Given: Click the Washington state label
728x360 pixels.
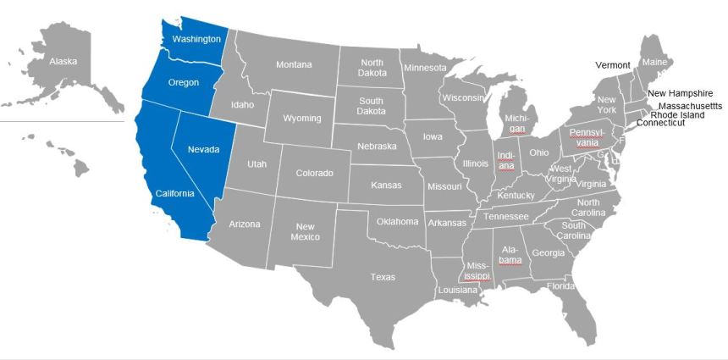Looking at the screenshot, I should tap(196, 40).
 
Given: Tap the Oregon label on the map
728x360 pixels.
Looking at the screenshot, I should tap(184, 82).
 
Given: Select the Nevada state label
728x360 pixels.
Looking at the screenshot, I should tap(203, 150).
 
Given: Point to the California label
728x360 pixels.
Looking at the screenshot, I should tap(174, 193).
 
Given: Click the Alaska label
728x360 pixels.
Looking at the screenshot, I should tap(63, 62).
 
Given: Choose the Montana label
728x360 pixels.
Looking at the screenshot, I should tap(294, 65).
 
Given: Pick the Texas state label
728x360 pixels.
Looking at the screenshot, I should tap(383, 277).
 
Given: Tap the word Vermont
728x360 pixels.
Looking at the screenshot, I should tap(613, 65).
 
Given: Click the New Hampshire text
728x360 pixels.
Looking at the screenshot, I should tap(681, 93).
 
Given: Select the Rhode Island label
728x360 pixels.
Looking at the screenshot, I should tap(677, 115).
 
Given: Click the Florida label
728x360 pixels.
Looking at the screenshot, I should tap(560, 286).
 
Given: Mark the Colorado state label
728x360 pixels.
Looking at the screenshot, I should tap(314, 174).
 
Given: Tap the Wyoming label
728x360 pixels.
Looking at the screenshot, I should tap(302, 119).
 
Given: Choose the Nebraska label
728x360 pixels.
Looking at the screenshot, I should tap(377, 147).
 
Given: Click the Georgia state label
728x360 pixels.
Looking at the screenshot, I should tap(548, 252).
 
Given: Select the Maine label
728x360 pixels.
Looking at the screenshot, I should tap(654, 63).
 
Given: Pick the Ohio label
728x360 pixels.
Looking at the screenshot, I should tap(539, 153).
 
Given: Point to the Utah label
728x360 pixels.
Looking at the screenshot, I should tap(257, 164).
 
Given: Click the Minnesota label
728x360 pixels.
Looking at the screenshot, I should tap(425, 68).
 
